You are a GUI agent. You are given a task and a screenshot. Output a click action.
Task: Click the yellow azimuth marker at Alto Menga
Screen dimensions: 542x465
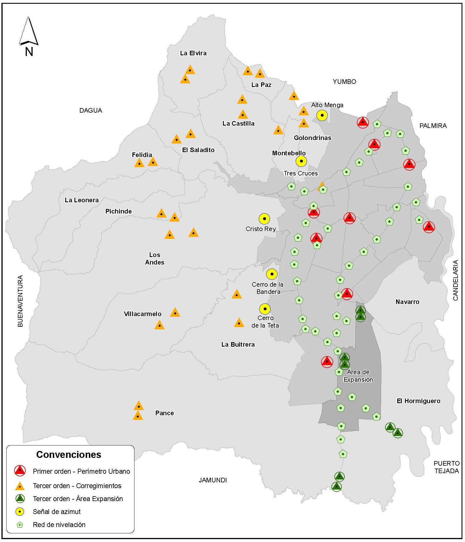[x=322, y=115]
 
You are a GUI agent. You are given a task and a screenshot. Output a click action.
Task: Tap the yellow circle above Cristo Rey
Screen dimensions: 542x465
[x=264, y=219]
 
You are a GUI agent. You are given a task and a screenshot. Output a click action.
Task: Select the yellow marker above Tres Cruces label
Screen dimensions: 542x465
[x=301, y=161]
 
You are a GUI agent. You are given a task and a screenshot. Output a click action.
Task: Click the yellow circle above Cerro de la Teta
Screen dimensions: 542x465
[x=265, y=309]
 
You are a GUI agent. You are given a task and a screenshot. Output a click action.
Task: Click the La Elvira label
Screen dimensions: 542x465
[x=193, y=53]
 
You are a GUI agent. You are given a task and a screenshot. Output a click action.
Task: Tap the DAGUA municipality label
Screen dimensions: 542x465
[x=91, y=110]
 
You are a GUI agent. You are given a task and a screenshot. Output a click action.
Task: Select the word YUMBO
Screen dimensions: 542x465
[x=344, y=82]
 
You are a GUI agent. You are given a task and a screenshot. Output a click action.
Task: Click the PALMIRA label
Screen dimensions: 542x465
[x=433, y=126]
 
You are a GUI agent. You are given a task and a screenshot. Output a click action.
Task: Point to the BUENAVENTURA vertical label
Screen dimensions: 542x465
[x=20, y=301]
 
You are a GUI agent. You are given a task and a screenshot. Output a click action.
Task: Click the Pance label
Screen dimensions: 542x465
[x=164, y=413]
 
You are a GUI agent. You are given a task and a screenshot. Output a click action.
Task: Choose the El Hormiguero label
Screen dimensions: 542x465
[x=418, y=401]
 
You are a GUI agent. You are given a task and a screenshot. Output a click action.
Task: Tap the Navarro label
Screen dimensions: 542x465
[x=407, y=302]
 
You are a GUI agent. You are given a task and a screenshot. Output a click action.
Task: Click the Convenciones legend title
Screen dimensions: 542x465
[x=69, y=455]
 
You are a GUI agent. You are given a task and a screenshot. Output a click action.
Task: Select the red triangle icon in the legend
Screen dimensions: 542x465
[x=20, y=471]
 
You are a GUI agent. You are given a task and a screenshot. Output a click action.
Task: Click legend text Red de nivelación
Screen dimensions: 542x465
[x=59, y=524]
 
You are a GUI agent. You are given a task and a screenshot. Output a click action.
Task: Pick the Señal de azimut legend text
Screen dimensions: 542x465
[x=57, y=511]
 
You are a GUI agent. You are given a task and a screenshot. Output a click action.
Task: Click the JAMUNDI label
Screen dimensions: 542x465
[x=213, y=480]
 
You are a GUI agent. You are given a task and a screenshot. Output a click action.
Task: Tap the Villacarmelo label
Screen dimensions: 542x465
[x=142, y=314]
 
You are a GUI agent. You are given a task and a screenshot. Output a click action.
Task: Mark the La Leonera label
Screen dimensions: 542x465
[x=82, y=200]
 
